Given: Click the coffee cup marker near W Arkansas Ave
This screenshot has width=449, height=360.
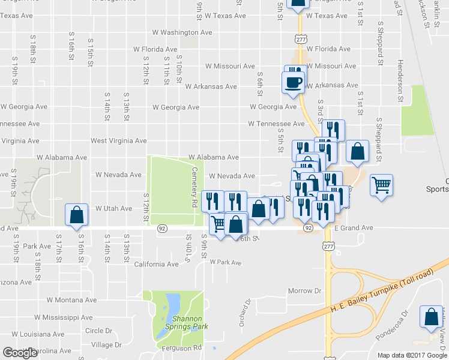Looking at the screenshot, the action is pos(294,82).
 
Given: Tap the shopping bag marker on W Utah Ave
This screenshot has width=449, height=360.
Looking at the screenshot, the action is pos(77,215).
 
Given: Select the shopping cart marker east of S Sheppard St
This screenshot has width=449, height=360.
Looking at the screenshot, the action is pos(382,185).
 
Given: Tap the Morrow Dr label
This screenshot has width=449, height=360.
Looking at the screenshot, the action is pos(304,291).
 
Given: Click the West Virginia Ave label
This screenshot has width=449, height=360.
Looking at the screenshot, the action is pos(119,141).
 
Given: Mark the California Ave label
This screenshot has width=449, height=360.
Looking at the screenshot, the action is pos(157,264).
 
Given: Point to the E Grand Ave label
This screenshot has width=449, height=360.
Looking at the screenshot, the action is pos(354,229).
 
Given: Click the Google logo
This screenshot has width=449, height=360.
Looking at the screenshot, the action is pos(20,353).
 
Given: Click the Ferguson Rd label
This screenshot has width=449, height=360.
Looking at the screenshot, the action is pos(181,348).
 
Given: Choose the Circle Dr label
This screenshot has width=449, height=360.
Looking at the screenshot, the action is pos(98,331).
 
